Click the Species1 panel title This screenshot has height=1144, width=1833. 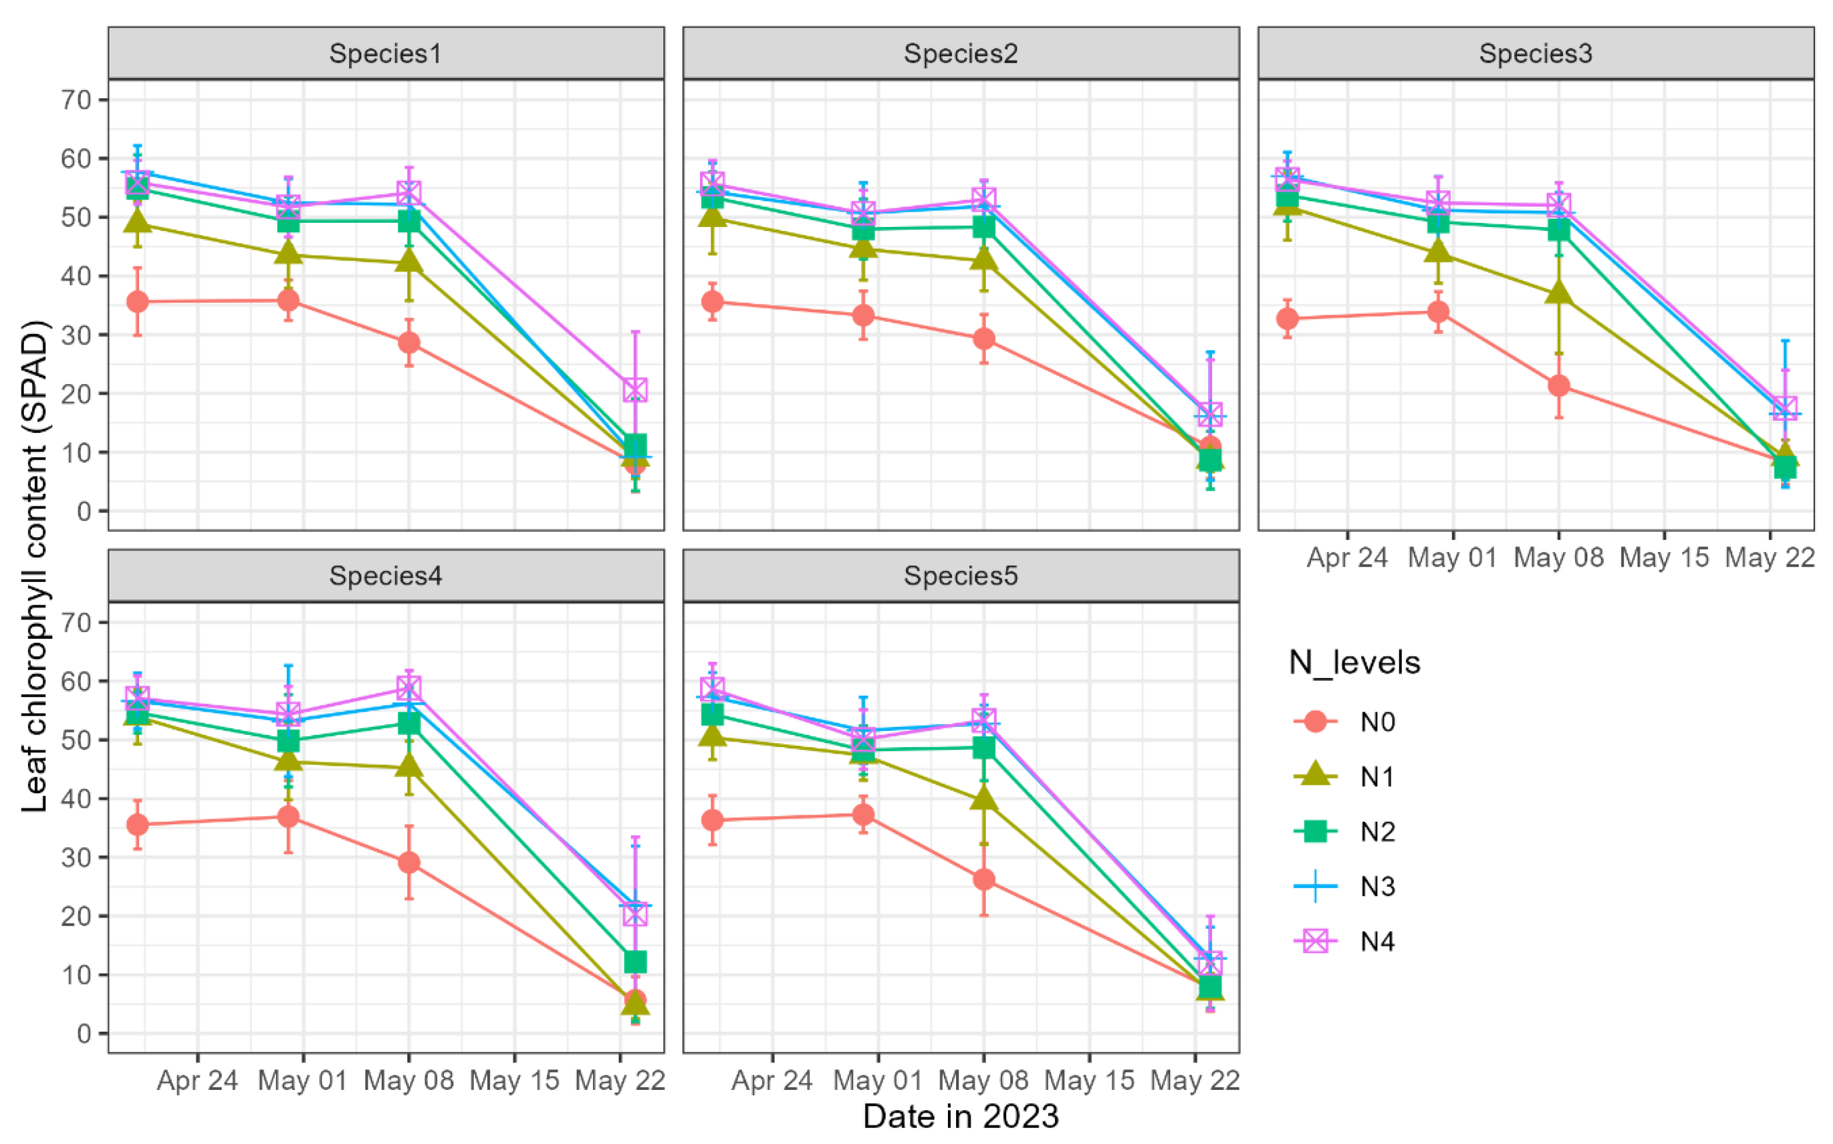coord(385,54)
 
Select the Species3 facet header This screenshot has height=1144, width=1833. coord(1536,54)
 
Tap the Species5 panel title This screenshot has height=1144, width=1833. coord(961,576)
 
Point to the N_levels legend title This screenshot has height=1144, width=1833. coord(1355,663)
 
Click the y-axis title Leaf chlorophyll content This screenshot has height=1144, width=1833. coord(35,566)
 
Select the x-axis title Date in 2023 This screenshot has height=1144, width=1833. coord(961,1117)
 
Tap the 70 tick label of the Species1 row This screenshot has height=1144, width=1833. coord(76,100)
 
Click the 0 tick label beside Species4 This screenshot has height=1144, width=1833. coord(83,1033)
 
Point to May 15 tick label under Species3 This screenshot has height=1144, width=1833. coord(1664,557)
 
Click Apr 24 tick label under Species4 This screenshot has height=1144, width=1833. coord(197,1081)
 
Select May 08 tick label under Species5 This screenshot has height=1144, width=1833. coord(983,1081)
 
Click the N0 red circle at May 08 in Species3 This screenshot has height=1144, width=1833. coord(1558,386)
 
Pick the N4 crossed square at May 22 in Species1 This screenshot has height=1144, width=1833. coord(635,390)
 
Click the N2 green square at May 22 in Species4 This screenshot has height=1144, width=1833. coord(635,962)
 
